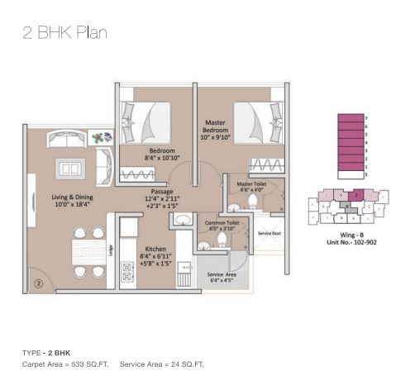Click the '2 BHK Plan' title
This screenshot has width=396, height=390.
tap(64, 34)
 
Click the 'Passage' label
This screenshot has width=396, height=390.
tap(161, 191)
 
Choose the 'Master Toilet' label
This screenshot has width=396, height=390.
tap(250, 184)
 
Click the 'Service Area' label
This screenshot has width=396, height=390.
tap(222, 274)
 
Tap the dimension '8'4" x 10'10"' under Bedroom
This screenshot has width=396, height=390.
tap(161, 156)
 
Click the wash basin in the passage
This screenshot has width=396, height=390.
tap(181, 219)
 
